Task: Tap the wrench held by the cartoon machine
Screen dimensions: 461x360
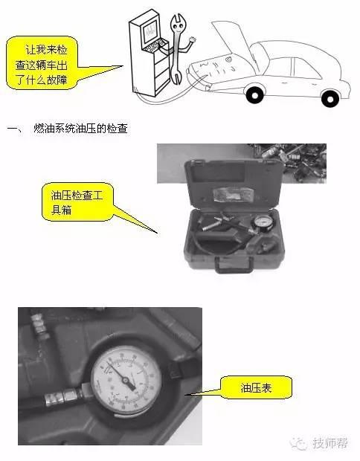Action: tap(179, 45)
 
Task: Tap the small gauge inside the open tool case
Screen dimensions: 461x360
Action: tap(260, 224)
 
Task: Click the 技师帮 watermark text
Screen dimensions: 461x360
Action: tap(332, 444)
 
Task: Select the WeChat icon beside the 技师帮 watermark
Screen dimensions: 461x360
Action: tap(299, 444)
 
